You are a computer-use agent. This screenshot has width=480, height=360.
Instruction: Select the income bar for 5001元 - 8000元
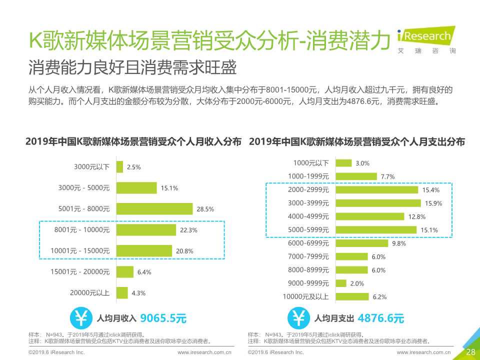(x=154, y=209)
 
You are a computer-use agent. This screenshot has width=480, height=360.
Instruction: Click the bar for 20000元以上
(x=122, y=293)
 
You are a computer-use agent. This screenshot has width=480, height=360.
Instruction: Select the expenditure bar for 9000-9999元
(x=341, y=283)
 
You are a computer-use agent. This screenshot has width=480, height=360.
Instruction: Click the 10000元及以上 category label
(x=305, y=297)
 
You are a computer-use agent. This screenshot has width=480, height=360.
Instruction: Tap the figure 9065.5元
(x=163, y=318)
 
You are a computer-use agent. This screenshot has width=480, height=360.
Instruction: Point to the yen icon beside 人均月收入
(x=80, y=318)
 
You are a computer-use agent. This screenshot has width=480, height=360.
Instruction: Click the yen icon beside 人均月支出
(x=298, y=318)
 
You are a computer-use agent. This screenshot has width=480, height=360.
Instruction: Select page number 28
(x=470, y=352)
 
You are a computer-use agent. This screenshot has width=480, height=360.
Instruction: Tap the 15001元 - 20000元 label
(x=83, y=271)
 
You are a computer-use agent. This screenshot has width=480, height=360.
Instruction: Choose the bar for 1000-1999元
(x=356, y=176)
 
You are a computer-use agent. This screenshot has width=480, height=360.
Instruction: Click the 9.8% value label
(x=399, y=244)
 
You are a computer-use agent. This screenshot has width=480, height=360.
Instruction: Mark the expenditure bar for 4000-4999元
(x=369, y=216)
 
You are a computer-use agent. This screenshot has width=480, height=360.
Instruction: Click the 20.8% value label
(x=185, y=251)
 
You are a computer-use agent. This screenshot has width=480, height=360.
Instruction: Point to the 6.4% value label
(x=144, y=272)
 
